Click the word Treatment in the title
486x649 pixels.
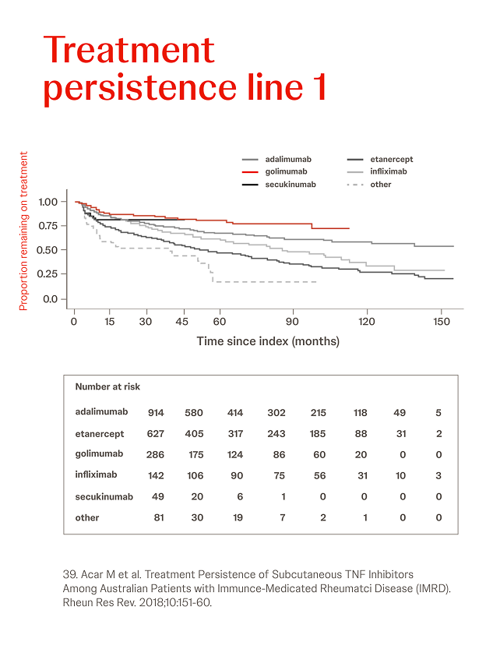[129, 50]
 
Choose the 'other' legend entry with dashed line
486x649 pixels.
[381, 185]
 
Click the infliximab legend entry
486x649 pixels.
[389, 171]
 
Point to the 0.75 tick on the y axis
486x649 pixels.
[48, 226]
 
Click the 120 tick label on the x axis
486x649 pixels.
[366, 321]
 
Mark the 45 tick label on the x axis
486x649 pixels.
[182, 321]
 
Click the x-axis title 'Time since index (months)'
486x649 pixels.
[268, 341]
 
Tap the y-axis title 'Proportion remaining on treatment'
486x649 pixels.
[23, 231]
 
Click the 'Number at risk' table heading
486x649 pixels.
[107, 386]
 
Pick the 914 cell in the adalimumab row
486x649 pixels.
[156, 413]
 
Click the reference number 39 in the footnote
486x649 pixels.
[69, 575]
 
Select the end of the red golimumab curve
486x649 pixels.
[348, 228]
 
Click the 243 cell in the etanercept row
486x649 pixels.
[276, 434]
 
